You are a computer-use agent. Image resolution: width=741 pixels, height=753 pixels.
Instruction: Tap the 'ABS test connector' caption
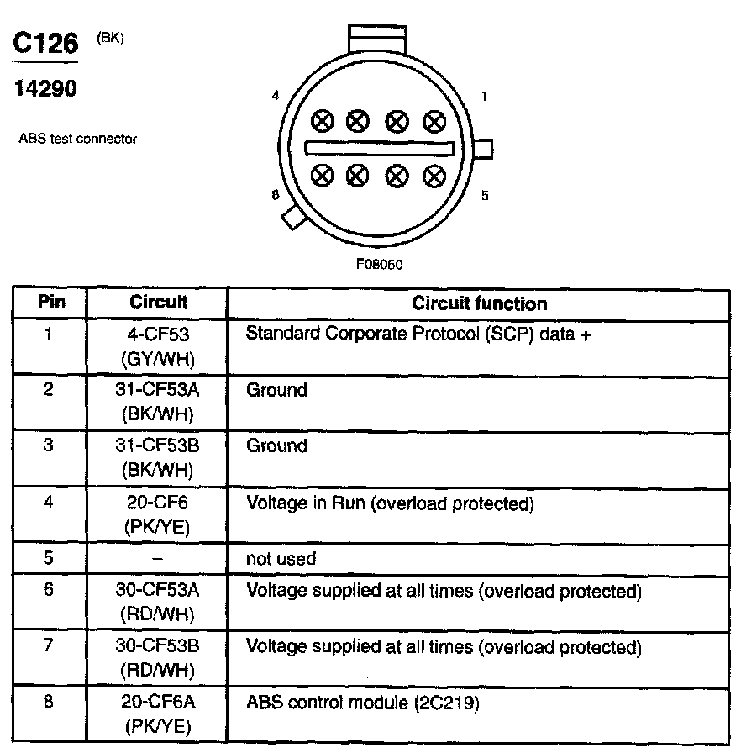point(77,139)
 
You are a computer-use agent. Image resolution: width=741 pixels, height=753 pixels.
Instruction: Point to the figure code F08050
point(380,264)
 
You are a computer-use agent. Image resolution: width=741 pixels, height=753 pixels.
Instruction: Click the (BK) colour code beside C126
point(111,38)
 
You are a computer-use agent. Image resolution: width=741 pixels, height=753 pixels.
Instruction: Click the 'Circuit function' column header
point(479,303)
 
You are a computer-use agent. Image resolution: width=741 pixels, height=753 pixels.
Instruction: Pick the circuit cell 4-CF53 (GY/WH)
point(158,346)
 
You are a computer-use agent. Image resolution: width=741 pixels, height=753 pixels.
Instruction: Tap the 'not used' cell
point(281,558)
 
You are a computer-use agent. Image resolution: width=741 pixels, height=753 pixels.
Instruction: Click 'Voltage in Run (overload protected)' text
point(390,504)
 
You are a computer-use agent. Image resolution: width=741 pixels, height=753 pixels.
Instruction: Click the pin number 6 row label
point(49,590)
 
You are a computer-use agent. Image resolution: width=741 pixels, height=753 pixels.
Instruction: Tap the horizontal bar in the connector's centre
point(379,149)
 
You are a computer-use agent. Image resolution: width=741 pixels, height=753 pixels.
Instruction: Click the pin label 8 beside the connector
point(275,195)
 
